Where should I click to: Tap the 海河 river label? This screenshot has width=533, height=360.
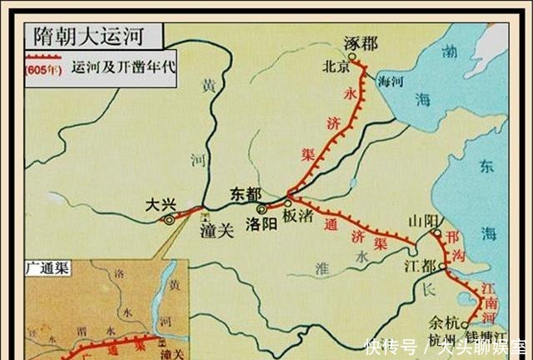point(391,80)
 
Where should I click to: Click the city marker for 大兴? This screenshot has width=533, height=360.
point(170,220)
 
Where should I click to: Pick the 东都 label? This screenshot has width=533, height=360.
point(247,193)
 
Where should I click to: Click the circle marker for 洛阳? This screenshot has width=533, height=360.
point(261,209)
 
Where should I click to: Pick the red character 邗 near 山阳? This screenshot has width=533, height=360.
point(454,236)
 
